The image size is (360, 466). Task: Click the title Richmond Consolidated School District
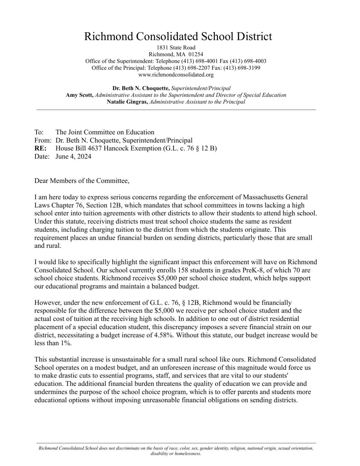coord(178,36)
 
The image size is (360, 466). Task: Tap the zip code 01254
coord(196,54)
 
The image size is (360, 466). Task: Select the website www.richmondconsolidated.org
coord(176,75)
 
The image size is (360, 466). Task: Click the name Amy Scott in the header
coord(79,95)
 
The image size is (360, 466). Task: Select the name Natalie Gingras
coord(127,102)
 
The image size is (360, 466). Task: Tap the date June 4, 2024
coord(73,156)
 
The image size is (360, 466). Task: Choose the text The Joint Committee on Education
coord(105,132)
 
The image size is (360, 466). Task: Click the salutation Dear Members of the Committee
coord(82,181)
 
